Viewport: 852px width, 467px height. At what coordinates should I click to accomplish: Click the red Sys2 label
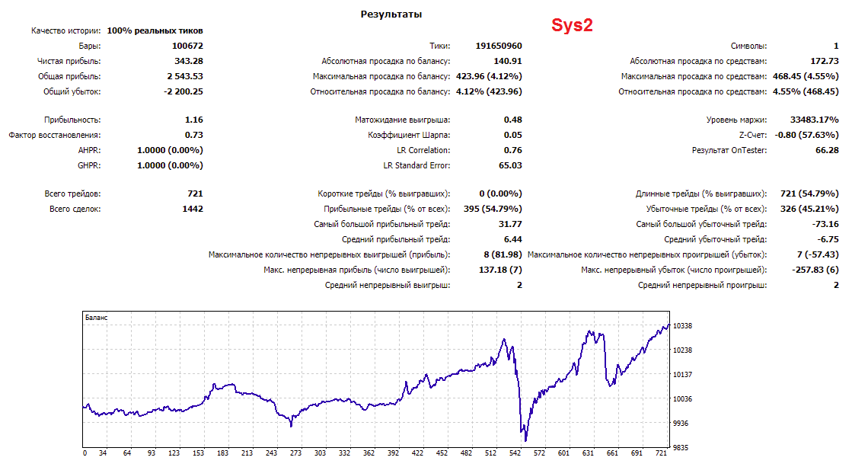[x=572, y=25]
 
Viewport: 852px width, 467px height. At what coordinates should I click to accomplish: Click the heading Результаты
[x=391, y=14]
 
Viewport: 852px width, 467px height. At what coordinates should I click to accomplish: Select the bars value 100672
[x=187, y=46]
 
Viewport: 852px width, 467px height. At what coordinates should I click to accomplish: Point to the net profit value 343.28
[x=189, y=61]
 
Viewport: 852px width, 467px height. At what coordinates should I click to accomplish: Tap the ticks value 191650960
[x=499, y=46]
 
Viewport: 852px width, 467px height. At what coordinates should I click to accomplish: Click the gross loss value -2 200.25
[x=183, y=91]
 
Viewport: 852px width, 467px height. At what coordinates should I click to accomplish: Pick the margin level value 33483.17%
[x=815, y=120]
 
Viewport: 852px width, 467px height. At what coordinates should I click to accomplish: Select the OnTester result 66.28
[x=827, y=150]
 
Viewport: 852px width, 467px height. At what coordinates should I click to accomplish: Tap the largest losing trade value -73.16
[x=826, y=224]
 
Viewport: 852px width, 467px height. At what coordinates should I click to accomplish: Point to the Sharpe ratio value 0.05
[x=513, y=135]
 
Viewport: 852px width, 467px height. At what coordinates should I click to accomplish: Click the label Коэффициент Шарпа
[x=409, y=135]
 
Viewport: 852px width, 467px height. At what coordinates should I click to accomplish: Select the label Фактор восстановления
[x=54, y=135]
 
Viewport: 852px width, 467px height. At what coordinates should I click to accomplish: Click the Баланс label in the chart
[x=96, y=318]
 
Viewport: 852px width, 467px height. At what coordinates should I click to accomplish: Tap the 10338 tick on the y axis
[x=682, y=325]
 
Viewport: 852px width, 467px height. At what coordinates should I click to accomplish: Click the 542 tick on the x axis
[x=515, y=453]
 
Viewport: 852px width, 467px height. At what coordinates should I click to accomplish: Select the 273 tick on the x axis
[x=295, y=453]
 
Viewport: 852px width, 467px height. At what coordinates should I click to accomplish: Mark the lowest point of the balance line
[x=525, y=441]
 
